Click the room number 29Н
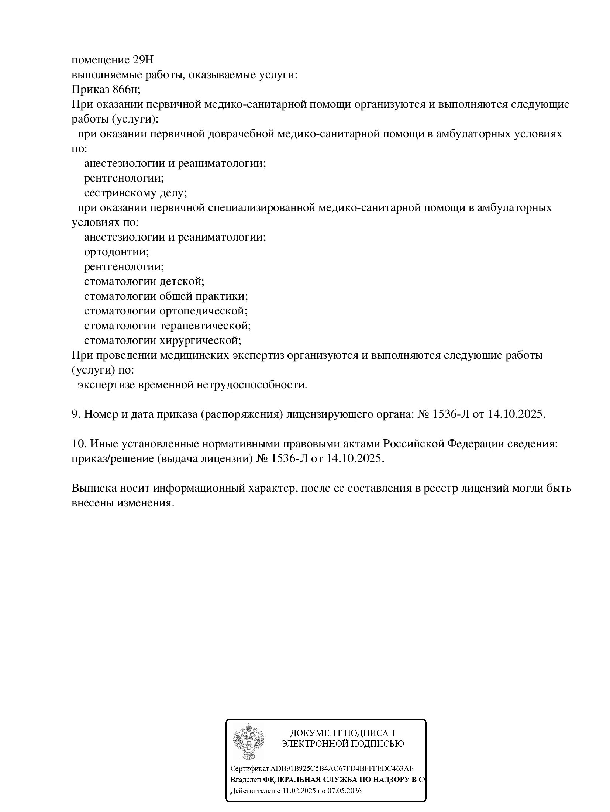click(142, 60)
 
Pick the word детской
click(182, 282)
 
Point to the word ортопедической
click(203, 311)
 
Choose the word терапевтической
click(205, 326)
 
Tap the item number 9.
click(76, 414)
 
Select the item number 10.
click(79, 444)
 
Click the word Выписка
click(94, 488)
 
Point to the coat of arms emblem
click(249, 741)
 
